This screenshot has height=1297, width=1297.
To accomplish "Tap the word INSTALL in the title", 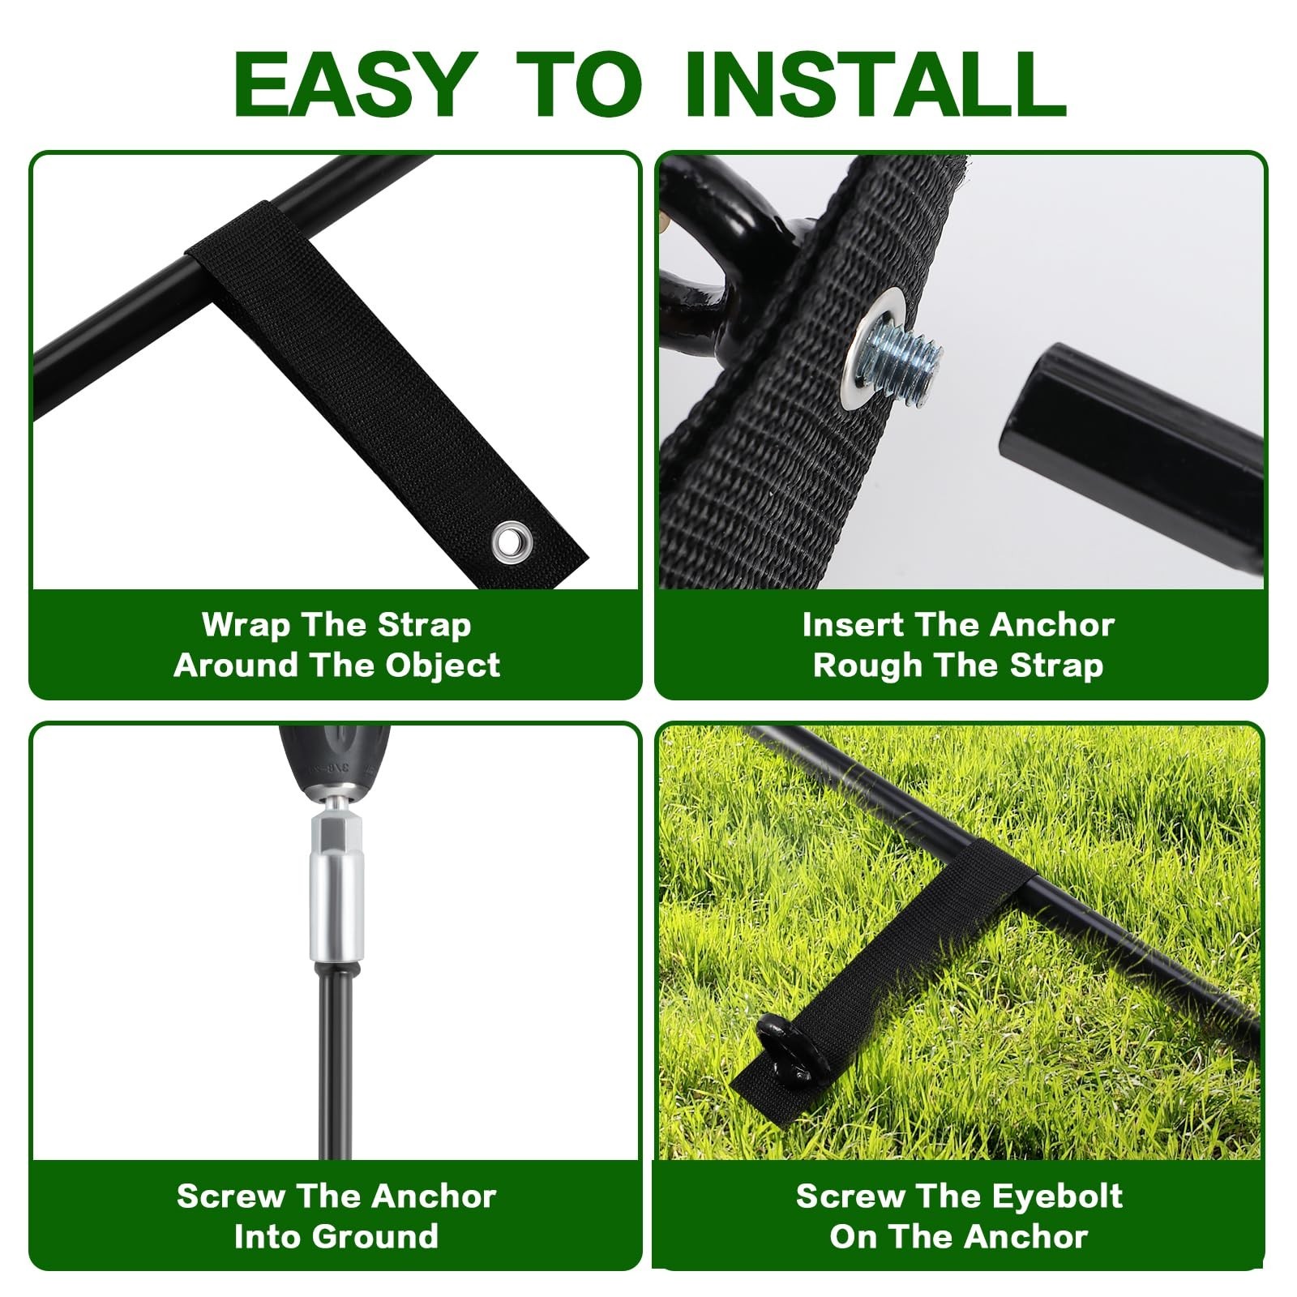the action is click(x=875, y=84).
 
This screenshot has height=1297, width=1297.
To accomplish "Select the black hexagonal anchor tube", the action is click(x=1131, y=454).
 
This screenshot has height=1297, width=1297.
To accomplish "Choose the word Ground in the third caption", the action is click(x=377, y=1237).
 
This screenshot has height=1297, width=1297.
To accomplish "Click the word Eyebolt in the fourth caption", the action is click(x=1057, y=1196).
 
